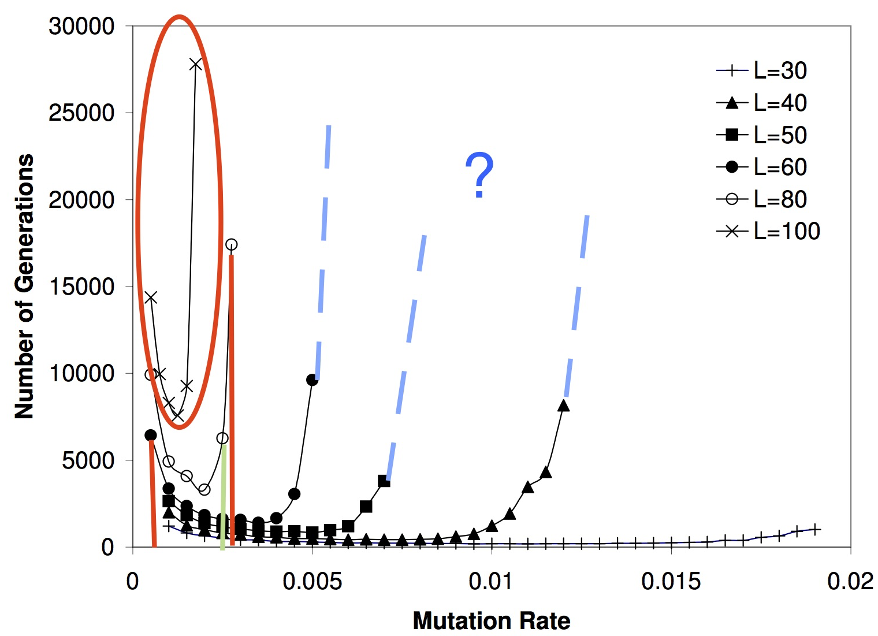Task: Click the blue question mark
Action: click(479, 175)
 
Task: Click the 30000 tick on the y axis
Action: click(81, 27)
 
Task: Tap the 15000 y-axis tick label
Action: click(81, 287)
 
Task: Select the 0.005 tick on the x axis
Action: click(312, 581)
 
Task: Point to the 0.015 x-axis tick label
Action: click(671, 581)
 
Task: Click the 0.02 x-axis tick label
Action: click(850, 581)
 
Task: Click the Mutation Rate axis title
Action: click(492, 621)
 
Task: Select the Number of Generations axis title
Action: click(24, 287)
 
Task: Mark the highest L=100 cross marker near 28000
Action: click(196, 64)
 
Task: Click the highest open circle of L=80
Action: click(231, 244)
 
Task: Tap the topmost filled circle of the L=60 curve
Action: click(312, 380)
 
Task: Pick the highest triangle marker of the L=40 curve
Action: click(564, 406)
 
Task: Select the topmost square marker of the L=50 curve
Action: click(384, 481)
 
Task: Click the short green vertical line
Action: click(222, 497)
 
